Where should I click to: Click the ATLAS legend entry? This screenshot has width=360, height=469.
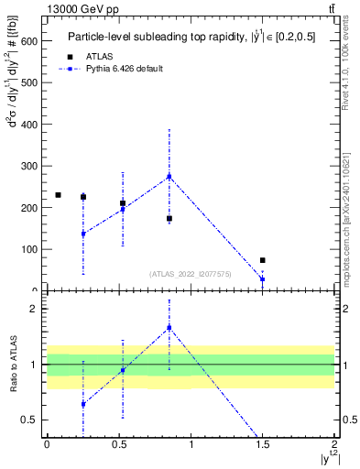click(x=99, y=56)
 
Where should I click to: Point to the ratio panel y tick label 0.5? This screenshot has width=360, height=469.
click(x=29, y=420)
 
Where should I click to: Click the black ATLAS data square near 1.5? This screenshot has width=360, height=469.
click(x=262, y=260)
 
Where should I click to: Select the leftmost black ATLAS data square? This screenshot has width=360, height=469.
click(x=58, y=195)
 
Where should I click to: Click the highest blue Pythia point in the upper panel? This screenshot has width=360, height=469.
click(x=169, y=177)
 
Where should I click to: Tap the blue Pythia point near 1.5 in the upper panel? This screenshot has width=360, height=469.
click(x=262, y=278)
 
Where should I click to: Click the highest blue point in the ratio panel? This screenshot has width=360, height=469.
click(x=169, y=327)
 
